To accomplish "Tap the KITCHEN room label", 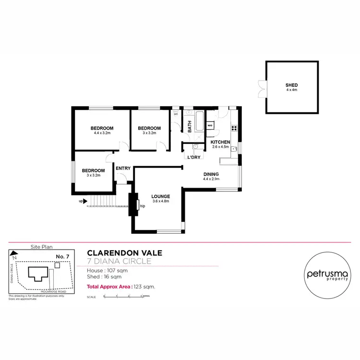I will click(x=220, y=143).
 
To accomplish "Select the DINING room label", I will click(x=211, y=174).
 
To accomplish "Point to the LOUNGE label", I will click(x=161, y=196).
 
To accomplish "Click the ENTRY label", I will click(x=123, y=168).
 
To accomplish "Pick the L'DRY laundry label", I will click(x=194, y=157).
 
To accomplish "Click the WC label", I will click(x=176, y=114).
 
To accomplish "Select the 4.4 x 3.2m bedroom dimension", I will click(x=102, y=133).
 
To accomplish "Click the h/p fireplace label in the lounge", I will click(x=143, y=206).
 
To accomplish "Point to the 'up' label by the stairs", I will click(x=81, y=201).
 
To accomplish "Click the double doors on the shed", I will click(x=261, y=88).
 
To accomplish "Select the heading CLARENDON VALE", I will click(x=124, y=253).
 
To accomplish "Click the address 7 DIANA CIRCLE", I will click(x=120, y=262).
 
